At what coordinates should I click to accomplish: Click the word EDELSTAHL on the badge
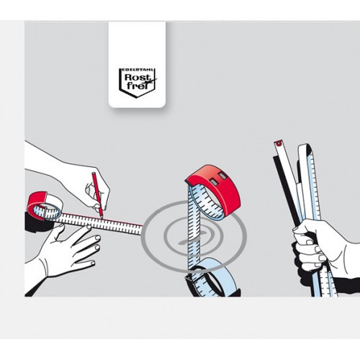pos(137,70)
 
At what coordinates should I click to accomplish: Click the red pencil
pos(97,195)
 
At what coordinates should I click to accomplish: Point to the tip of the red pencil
pos(102,218)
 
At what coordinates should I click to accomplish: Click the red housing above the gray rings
pos(216,185)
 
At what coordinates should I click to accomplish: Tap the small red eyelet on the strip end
pos(279,143)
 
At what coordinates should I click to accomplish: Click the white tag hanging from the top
pos(137,65)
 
